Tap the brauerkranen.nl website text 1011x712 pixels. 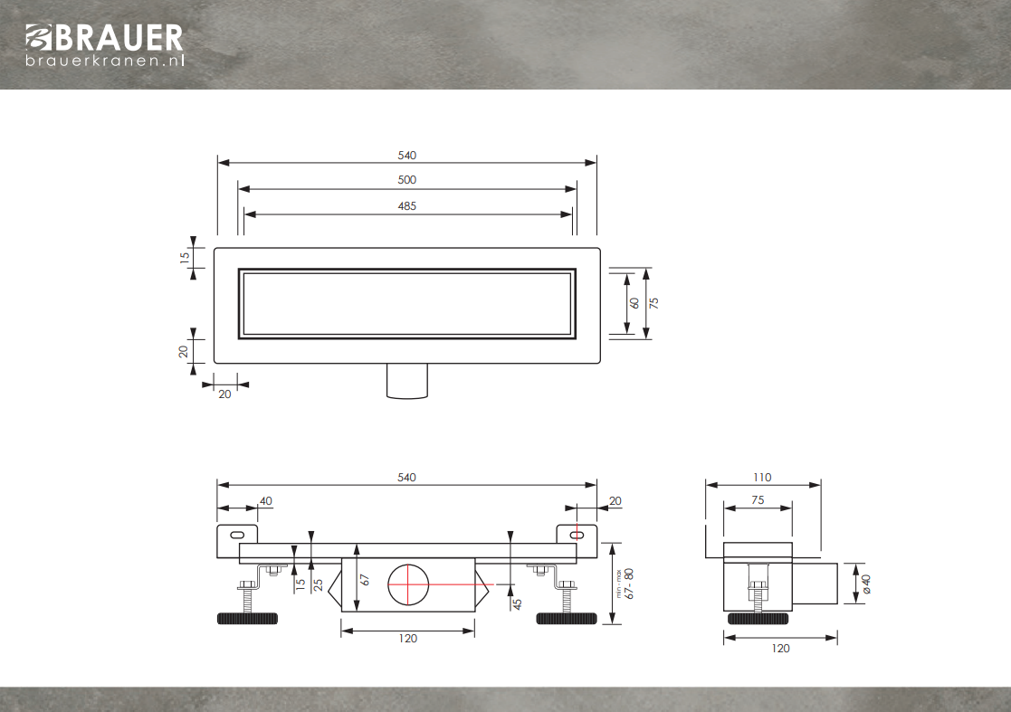(105, 61)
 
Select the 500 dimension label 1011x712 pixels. (407, 180)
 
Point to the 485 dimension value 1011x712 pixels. (407, 206)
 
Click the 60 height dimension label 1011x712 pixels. (634, 303)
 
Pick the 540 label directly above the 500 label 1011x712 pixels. (407, 156)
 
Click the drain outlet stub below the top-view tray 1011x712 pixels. (407, 381)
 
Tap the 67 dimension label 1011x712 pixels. (365, 580)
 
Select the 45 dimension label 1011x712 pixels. (517, 603)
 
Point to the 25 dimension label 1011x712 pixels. (318, 585)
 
